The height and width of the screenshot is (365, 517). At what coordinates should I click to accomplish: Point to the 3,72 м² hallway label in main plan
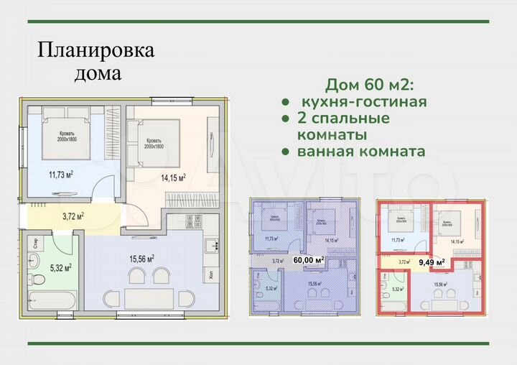pyautogui.click(x=74, y=216)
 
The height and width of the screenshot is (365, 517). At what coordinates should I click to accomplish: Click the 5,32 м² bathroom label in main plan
pyautogui.click(x=59, y=268)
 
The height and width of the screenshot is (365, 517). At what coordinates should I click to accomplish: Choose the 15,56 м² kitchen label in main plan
pyautogui.click(x=141, y=259)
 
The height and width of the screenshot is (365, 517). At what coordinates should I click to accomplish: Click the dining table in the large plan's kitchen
pyautogui.click(x=148, y=297)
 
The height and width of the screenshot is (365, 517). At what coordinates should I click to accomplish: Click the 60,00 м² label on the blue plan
pyautogui.click(x=307, y=261)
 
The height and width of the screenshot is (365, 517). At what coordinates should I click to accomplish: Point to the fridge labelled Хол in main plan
pyautogui.click(x=210, y=274)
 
